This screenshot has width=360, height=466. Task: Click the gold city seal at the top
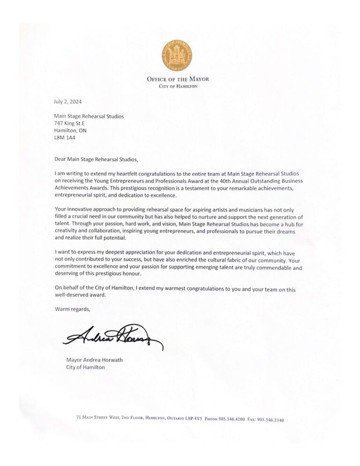tap(178, 55)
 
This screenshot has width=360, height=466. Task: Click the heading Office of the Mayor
tap(178, 79)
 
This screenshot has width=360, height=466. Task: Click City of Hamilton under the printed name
tap(86, 367)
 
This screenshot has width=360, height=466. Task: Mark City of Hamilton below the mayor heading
tap(178, 87)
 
